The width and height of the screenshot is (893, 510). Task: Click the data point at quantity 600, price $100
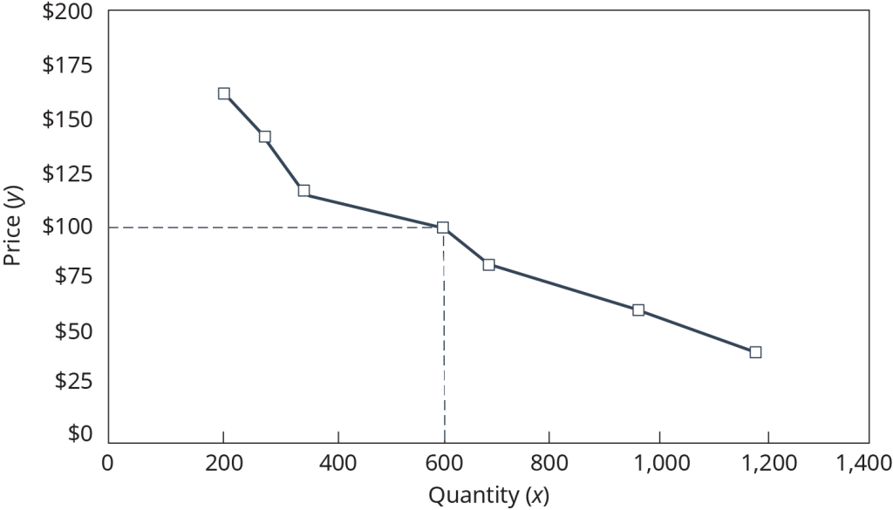(x=443, y=228)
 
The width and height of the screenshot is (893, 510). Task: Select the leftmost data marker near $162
(x=224, y=93)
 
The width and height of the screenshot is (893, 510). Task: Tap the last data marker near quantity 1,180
(x=755, y=352)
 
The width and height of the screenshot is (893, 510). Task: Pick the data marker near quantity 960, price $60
(x=638, y=310)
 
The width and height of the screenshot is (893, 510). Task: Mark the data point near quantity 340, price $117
(x=303, y=191)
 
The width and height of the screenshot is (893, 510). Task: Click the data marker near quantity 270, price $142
(x=265, y=136)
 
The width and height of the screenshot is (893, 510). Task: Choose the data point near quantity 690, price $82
(x=488, y=264)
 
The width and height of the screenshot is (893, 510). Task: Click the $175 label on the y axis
(x=70, y=67)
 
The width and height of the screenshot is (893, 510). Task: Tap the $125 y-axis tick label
(x=70, y=174)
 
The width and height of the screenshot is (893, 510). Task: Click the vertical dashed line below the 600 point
(x=444, y=349)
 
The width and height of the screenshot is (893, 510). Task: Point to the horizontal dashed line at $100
(x=262, y=228)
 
